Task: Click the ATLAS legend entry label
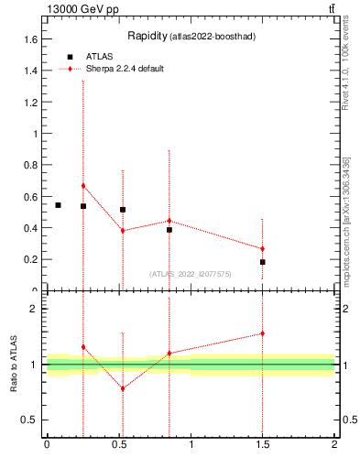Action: [100, 56]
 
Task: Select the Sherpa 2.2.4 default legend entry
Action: [125, 69]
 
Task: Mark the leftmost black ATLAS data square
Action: [58, 205]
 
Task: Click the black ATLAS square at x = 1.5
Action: [262, 262]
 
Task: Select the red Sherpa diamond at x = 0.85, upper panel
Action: [169, 221]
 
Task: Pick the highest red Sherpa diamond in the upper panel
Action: [83, 186]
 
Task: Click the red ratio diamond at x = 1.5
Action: [262, 333]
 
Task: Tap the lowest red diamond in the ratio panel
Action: [123, 388]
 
